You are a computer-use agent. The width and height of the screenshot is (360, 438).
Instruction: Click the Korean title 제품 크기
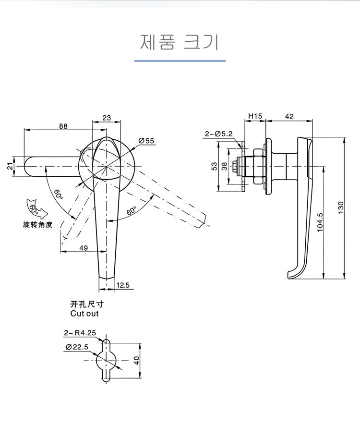click(x=180, y=42)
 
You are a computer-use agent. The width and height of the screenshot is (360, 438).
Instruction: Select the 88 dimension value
click(x=63, y=126)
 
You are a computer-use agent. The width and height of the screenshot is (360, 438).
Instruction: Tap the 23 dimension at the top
click(x=107, y=118)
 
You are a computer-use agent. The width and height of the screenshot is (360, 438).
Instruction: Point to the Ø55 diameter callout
click(x=146, y=141)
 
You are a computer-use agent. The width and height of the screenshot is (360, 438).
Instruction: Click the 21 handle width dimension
click(x=10, y=166)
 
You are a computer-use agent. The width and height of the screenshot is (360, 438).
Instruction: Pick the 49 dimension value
click(x=83, y=248)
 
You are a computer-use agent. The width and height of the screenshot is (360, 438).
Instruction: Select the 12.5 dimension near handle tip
click(x=123, y=285)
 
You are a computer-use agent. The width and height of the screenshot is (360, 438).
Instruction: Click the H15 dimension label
click(x=255, y=116)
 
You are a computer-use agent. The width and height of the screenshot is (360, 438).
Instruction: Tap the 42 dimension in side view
click(x=289, y=116)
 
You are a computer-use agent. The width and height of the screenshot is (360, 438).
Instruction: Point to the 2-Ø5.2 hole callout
click(x=218, y=134)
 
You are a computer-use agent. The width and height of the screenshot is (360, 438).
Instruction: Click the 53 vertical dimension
click(x=214, y=166)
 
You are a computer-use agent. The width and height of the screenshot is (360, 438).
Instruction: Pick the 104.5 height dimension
click(x=320, y=222)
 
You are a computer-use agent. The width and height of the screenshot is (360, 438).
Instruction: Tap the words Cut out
click(x=84, y=314)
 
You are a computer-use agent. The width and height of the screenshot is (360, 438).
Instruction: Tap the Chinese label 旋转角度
click(x=38, y=224)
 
